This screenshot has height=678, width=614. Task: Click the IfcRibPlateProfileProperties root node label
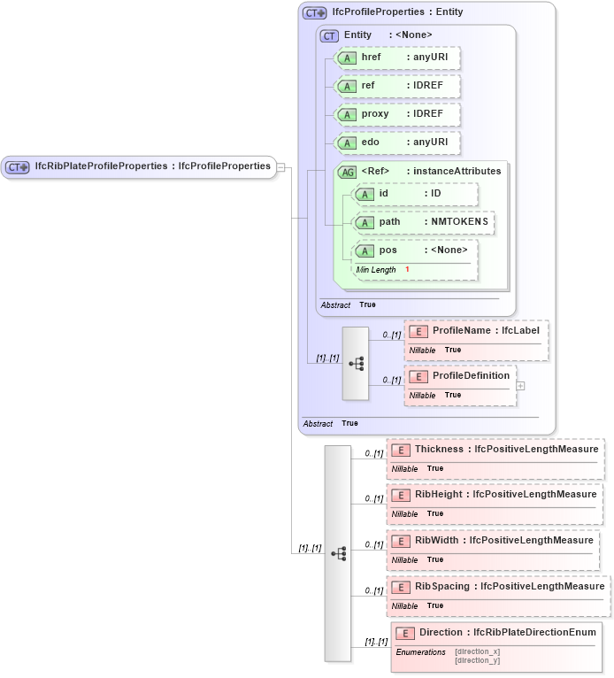(151, 166)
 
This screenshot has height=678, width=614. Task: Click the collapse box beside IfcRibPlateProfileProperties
(280, 166)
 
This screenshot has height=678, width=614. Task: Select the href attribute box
(398, 57)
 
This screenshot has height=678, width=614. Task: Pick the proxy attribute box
(398, 114)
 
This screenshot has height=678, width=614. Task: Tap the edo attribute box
(398, 142)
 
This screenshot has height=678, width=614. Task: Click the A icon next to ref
(348, 86)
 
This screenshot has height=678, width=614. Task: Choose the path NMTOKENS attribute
(423, 222)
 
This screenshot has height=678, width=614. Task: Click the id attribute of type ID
(416, 193)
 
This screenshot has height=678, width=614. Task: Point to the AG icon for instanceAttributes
(348, 172)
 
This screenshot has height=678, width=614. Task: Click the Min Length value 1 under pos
(407, 269)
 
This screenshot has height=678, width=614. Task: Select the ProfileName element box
(476, 331)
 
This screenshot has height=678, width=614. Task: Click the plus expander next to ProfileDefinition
(520, 385)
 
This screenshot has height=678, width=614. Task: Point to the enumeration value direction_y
(478, 660)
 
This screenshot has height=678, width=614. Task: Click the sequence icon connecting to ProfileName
(356, 364)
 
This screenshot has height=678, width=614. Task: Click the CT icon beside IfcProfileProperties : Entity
(314, 13)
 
